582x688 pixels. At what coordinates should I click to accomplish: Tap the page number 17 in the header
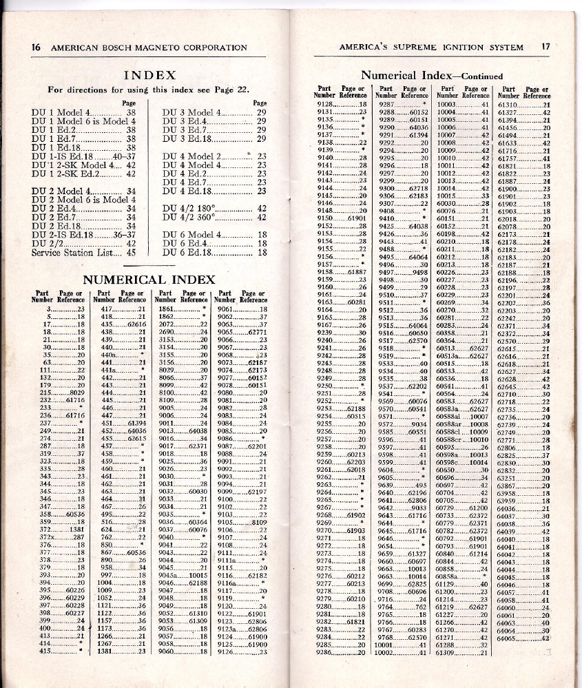point(545,47)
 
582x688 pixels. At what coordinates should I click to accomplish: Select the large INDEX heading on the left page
point(149,75)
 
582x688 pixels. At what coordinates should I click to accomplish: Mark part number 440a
point(107,355)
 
